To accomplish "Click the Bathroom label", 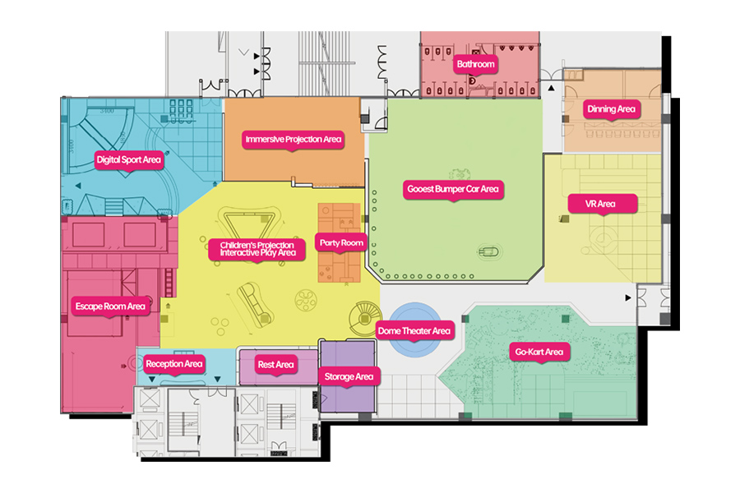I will [x=475, y=64].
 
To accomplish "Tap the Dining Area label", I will [x=611, y=109].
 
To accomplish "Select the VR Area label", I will [x=600, y=204].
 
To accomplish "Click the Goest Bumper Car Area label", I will [x=453, y=189].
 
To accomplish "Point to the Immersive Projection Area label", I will [x=294, y=140].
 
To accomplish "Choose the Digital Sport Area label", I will [x=128, y=160].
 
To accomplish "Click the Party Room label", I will [x=340, y=243].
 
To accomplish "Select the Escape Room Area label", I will [x=110, y=306].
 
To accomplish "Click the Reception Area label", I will [x=174, y=364].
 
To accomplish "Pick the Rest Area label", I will [x=275, y=365].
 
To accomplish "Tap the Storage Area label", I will [x=349, y=377].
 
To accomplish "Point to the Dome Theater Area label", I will [x=414, y=331].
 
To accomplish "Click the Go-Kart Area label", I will [x=539, y=352].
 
